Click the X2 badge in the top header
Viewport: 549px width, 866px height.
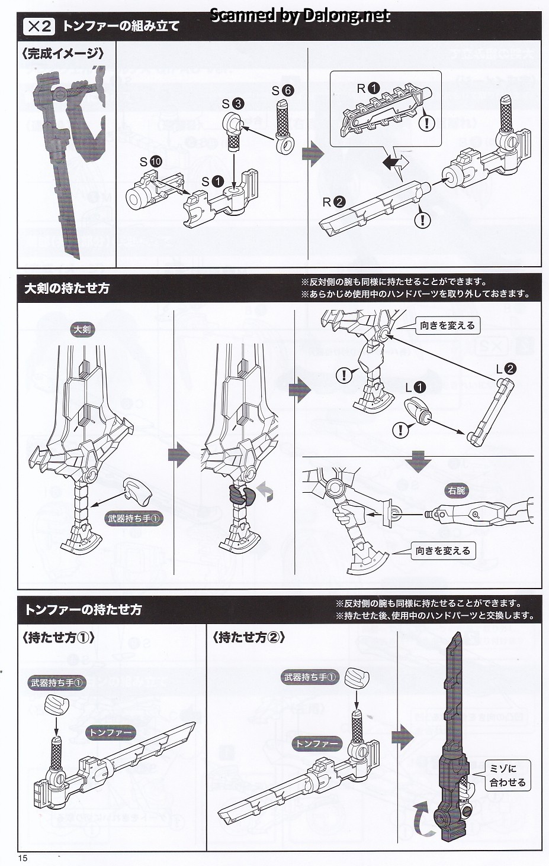tap(38, 26)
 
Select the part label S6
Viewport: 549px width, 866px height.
tap(282, 91)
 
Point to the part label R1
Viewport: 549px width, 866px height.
tap(368, 88)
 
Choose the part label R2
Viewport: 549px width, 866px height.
tap(333, 202)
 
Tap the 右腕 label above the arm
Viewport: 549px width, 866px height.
tap(457, 490)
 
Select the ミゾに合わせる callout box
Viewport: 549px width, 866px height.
tap(507, 775)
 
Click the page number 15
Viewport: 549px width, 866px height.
tap(23, 858)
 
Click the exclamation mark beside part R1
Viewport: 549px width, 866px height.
tap(426, 122)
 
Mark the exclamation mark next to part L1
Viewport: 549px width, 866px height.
tap(401, 429)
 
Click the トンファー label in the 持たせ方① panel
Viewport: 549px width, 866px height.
tap(111, 732)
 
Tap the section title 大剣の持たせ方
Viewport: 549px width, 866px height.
tap(67, 289)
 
